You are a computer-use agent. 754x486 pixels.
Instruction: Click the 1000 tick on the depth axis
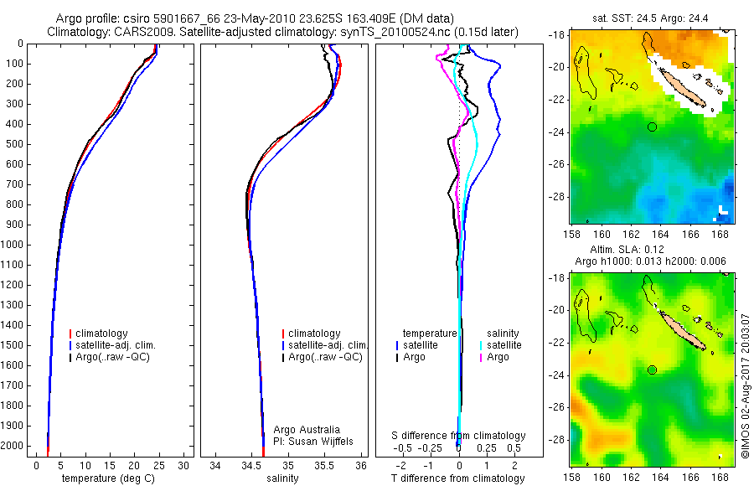pos(14,245)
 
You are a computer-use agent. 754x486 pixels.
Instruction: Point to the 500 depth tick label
pos(14,144)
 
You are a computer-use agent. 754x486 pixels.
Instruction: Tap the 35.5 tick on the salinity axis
pos(325,465)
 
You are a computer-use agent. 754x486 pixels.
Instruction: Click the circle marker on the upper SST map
pos(652,127)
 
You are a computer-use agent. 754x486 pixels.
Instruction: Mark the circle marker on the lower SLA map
pos(652,370)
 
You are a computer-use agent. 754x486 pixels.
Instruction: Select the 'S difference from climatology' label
pos(459,436)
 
